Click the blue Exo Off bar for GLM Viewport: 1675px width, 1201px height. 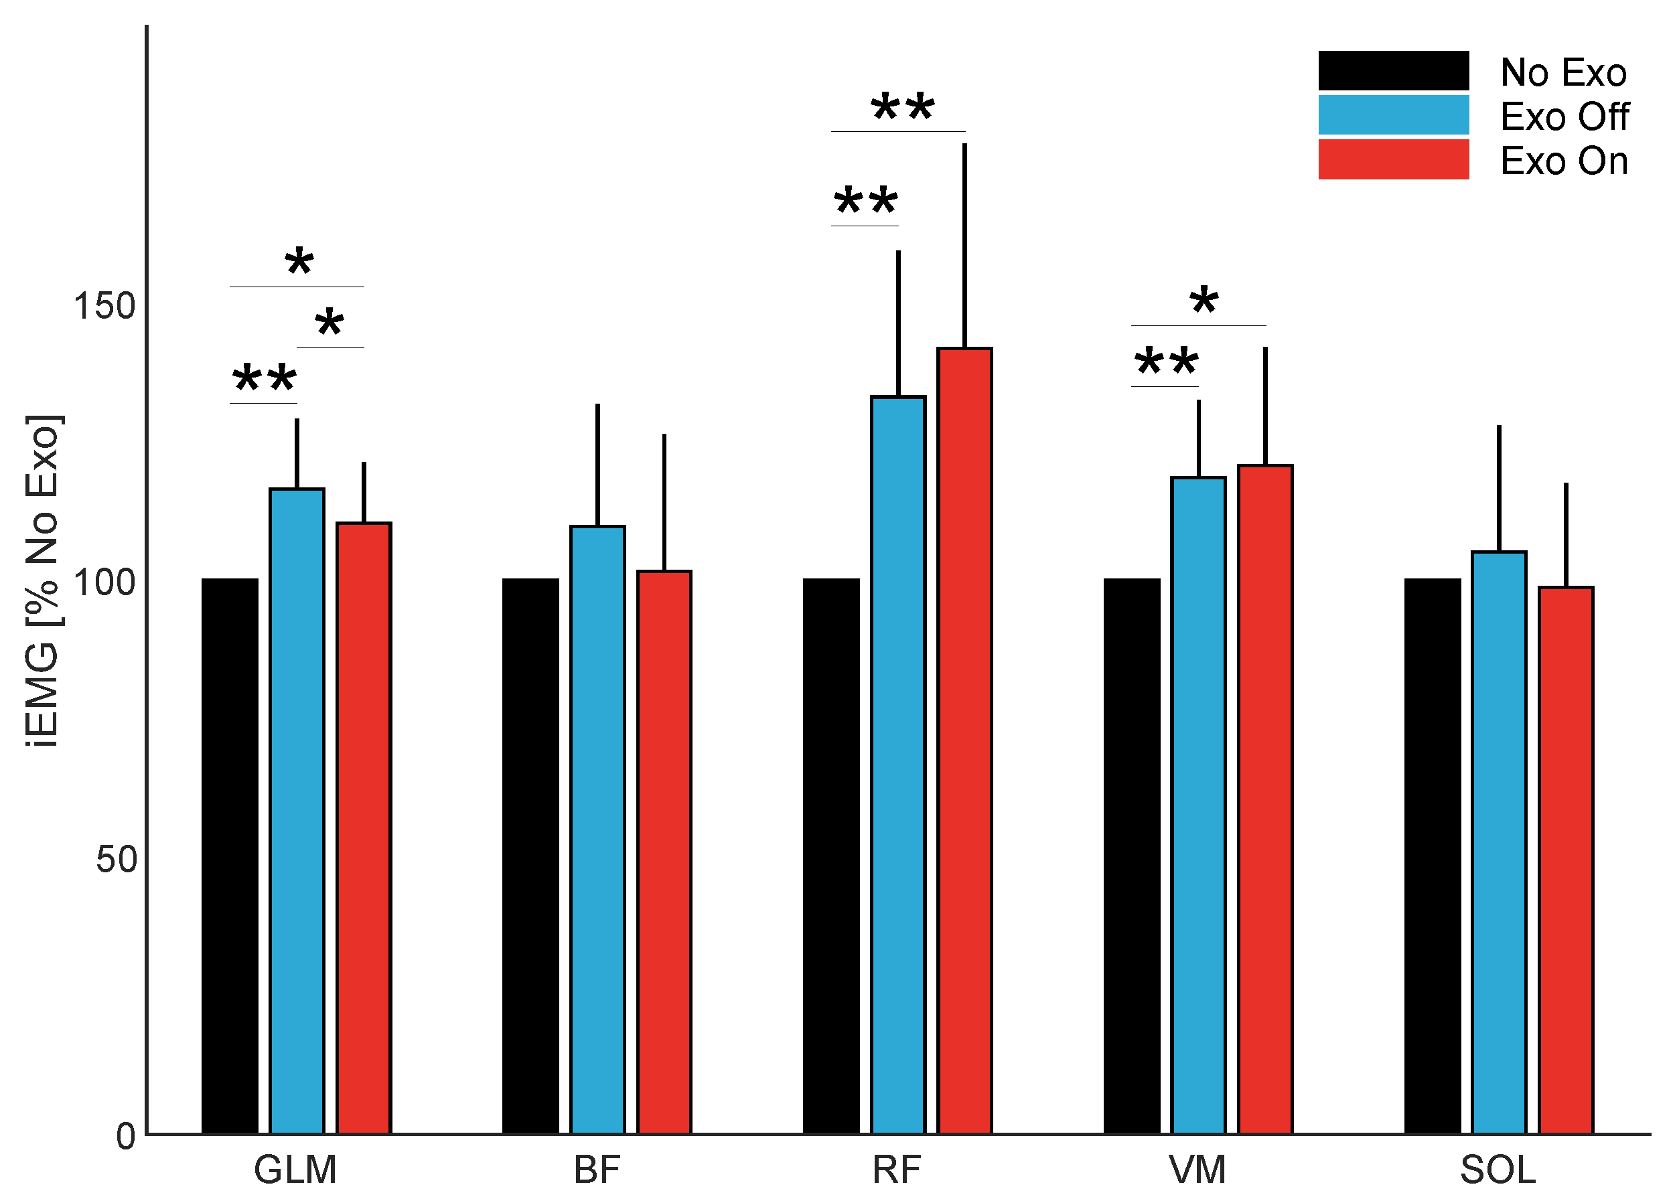click(x=297, y=811)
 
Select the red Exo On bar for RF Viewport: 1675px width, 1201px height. click(x=964, y=740)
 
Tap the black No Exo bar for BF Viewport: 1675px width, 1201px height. click(x=530, y=856)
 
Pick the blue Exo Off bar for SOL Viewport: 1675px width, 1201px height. click(x=1498, y=842)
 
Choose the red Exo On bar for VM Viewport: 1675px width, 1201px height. click(x=1265, y=799)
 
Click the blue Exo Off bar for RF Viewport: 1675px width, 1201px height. click(x=898, y=765)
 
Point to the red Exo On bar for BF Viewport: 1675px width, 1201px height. click(x=664, y=853)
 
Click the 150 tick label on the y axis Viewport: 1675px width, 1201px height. click(x=104, y=305)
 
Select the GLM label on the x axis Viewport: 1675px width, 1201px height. click(x=295, y=1170)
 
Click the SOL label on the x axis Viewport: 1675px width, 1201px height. click(x=1498, y=1170)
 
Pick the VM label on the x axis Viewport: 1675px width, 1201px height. click(x=1197, y=1170)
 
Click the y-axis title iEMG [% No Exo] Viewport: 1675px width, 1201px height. click(x=42, y=581)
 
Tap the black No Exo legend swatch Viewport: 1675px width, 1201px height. click(x=1394, y=71)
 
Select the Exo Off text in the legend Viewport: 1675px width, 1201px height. click(x=1564, y=116)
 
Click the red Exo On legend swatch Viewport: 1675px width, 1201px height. click(x=1394, y=159)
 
